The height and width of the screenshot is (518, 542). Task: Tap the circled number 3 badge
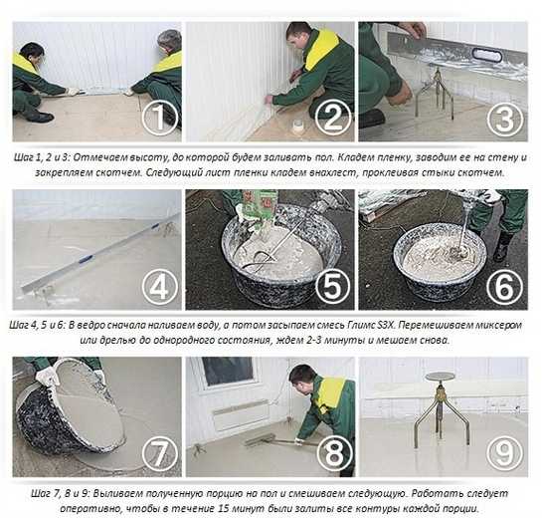pos(505,118)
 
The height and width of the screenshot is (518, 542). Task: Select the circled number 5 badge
pos(332,286)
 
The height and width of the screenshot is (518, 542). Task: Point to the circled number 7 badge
pos(160,453)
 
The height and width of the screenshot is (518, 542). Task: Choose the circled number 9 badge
pos(505,453)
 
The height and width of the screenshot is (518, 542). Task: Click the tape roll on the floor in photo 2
pos(298,128)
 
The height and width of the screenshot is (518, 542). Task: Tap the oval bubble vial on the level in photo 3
pos(485,55)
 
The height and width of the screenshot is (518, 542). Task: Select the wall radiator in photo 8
pos(241,414)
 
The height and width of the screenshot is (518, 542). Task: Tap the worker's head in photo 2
pos(298,36)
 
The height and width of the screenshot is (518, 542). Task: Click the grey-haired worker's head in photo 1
pos(170,41)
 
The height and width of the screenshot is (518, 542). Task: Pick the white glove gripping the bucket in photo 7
pos(48,376)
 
